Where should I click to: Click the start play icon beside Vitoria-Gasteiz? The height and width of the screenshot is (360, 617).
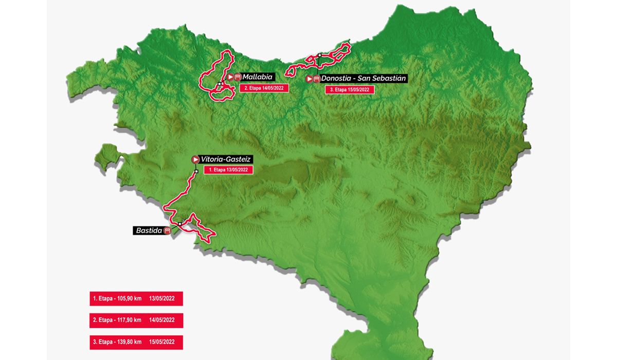(x=195, y=159)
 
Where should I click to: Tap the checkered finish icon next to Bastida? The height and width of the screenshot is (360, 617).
(x=167, y=231)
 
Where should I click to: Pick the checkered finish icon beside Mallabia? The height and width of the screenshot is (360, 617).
(x=238, y=77)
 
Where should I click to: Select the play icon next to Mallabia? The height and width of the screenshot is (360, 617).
(x=230, y=77)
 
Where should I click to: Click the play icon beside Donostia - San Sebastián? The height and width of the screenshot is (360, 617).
(x=309, y=79)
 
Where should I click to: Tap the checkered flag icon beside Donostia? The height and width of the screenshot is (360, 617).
(x=316, y=79)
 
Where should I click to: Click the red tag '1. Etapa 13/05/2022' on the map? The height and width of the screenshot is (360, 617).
(x=228, y=170)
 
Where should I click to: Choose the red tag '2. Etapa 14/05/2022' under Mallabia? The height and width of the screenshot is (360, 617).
(x=264, y=88)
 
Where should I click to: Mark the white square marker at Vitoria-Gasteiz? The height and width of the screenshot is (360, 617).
(x=196, y=171)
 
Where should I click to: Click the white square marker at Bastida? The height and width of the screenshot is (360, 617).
(x=179, y=224)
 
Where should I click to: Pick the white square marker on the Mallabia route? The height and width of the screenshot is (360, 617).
(x=219, y=84)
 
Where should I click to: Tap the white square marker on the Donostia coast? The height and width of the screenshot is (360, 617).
(x=319, y=55)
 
